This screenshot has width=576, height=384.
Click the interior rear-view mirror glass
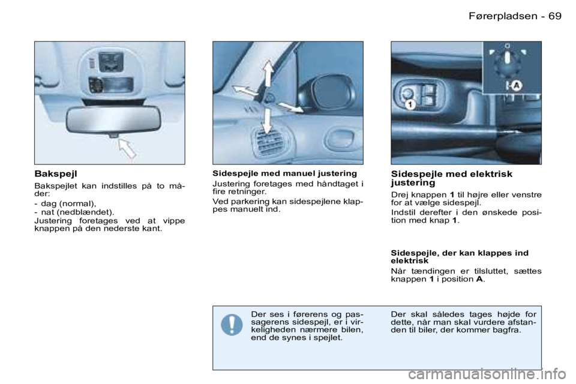109,121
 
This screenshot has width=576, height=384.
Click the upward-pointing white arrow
268,73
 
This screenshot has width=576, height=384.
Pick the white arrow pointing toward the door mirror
291,107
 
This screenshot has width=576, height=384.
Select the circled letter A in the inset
517,86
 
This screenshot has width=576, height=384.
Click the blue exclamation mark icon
232,325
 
